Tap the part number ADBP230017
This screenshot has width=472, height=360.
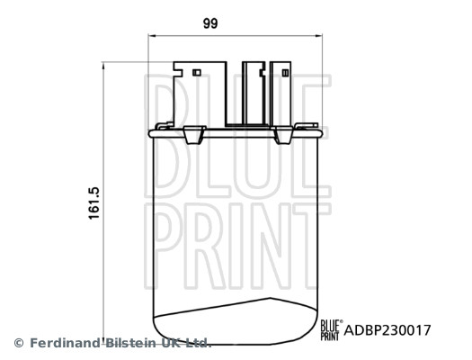tap(387, 330)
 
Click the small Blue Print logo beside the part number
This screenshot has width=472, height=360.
tap(330, 329)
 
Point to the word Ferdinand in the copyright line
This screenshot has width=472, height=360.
tap(65, 343)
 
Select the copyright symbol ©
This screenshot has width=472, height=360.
tap(19, 343)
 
